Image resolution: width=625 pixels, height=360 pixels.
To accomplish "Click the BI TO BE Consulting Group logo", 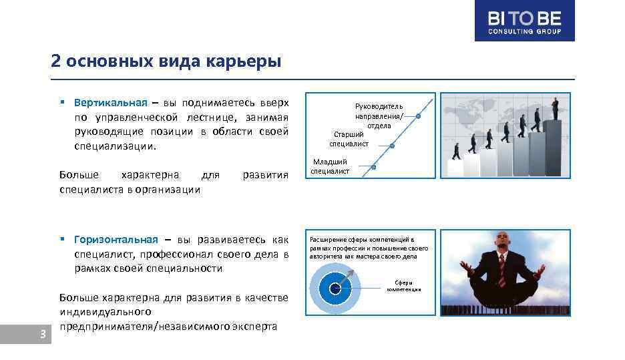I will point(524,21).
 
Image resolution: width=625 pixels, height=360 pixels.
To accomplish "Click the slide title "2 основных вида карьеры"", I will point(166,61).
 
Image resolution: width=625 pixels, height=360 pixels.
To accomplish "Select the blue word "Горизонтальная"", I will point(116,240).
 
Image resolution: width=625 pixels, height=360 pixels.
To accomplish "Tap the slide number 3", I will point(42,335).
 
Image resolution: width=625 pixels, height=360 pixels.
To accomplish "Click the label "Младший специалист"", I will point(331,166).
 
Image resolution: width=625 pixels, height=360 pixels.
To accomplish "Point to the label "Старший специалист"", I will point(349,139).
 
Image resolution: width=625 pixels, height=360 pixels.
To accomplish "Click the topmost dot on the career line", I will point(418,116).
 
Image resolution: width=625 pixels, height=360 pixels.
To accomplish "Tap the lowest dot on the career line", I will point(374,167).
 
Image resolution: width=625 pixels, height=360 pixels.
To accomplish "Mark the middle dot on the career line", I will point(392,146).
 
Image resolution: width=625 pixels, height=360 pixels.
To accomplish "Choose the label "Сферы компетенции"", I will point(404,286).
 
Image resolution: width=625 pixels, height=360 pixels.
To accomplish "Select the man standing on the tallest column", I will point(555,108).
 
